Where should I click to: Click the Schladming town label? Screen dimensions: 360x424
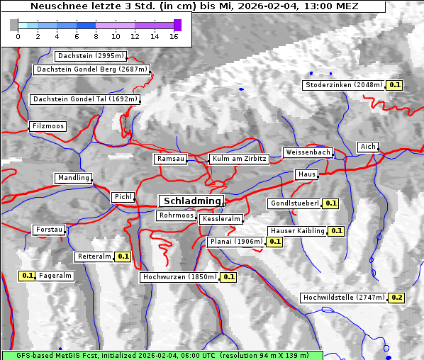(191, 201)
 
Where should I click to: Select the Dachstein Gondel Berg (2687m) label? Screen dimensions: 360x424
(91, 69)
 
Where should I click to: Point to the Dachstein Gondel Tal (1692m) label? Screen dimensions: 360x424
(85, 99)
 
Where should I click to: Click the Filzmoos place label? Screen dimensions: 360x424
(48, 126)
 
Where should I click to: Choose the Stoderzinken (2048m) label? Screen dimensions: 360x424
(344, 85)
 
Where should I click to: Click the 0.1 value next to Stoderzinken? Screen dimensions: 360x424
(395, 85)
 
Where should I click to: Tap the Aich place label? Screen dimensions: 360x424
(368, 147)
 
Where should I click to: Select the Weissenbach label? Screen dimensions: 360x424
(308, 152)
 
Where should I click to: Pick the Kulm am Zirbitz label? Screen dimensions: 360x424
(239, 159)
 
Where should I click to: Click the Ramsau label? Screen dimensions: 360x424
(171, 159)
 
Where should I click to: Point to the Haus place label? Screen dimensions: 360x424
(306, 174)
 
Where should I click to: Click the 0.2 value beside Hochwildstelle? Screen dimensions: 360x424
(397, 298)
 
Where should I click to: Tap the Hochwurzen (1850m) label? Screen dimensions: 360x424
(179, 277)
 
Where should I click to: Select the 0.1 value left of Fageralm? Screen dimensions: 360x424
(28, 276)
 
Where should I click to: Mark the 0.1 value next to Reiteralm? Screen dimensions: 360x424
(123, 257)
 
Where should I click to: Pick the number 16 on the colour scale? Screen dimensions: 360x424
(174, 37)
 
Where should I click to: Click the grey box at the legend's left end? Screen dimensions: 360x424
(13, 25)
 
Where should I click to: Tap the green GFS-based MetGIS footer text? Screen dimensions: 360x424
(162, 355)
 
